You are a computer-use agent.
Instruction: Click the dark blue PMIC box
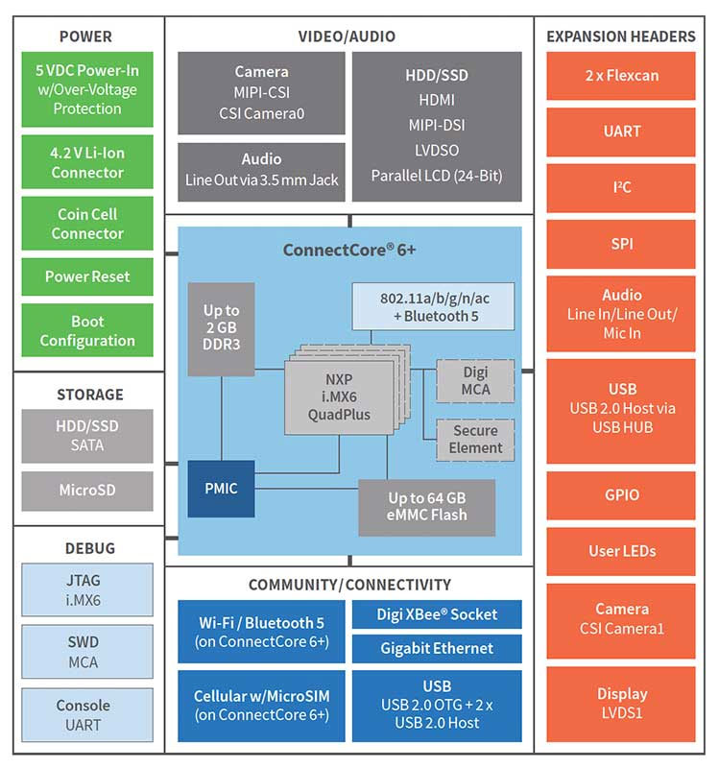tap(221, 489)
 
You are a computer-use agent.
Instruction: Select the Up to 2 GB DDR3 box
tap(221, 329)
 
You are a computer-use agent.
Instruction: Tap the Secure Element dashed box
tap(475, 440)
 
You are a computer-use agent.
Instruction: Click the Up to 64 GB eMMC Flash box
tap(427, 507)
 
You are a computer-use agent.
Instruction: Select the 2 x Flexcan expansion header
tap(621, 76)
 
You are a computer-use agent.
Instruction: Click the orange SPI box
tap(621, 244)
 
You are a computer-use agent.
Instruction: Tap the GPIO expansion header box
tap(621, 495)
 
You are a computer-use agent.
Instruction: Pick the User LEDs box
tap(621, 551)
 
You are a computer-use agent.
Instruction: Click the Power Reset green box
tap(86, 276)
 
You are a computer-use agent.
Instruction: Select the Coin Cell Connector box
tap(86, 224)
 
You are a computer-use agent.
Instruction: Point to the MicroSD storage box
tap(86, 491)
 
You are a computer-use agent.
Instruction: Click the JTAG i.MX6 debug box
tap(86, 589)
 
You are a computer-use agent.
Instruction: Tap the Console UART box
tap(86, 715)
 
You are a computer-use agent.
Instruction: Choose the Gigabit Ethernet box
tap(437, 649)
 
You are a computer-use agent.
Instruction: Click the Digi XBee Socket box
tap(437, 614)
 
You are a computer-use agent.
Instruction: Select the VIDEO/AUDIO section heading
tap(347, 36)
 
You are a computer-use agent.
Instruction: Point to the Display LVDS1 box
tap(621, 703)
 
